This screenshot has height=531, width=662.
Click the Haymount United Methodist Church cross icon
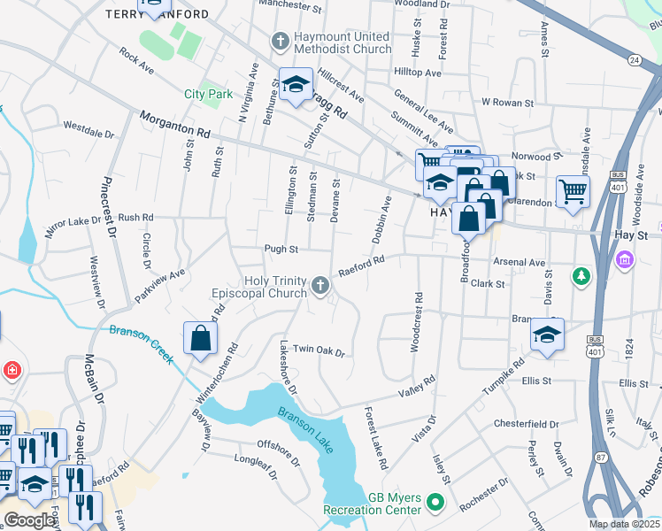click(x=280, y=41)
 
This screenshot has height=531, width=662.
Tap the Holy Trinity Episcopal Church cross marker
click(x=319, y=284)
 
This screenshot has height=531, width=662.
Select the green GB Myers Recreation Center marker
click(x=435, y=503)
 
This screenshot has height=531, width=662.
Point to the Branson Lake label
click(x=305, y=430)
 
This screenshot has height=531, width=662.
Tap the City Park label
click(x=207, y=94)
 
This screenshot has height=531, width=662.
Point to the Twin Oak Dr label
click(x=318, y=351)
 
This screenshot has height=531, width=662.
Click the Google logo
click(x=29, y=520)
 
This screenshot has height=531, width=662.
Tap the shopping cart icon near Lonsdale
click(x=573, y=189)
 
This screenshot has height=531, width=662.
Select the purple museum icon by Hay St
click(x=625, y=260)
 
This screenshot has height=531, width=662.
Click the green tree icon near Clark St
click(x=581, y=277)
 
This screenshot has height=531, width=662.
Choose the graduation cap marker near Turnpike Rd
click(x=547, y=335)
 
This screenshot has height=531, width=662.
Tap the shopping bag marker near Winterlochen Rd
click(x=201, y=338)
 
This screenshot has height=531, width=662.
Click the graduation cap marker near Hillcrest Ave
click(x=296, y=84)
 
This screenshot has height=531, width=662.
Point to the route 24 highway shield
click(x=635, y=60)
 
